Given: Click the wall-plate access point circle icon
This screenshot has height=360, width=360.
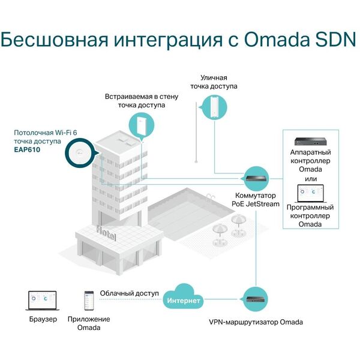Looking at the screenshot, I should (x=140, y=125).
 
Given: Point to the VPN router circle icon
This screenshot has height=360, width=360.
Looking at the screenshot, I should (x=256, y=299).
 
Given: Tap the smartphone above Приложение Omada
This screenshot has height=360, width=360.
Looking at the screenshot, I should (x=89, y=300).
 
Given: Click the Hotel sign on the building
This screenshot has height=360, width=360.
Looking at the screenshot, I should (x=108, y=231).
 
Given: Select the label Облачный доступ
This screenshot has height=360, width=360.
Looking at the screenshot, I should (x=129, y=293).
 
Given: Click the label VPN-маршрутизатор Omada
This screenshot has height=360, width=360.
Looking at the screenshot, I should (x=256, y=322).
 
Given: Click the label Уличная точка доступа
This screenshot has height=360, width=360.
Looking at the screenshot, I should (x=214, y=82).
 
